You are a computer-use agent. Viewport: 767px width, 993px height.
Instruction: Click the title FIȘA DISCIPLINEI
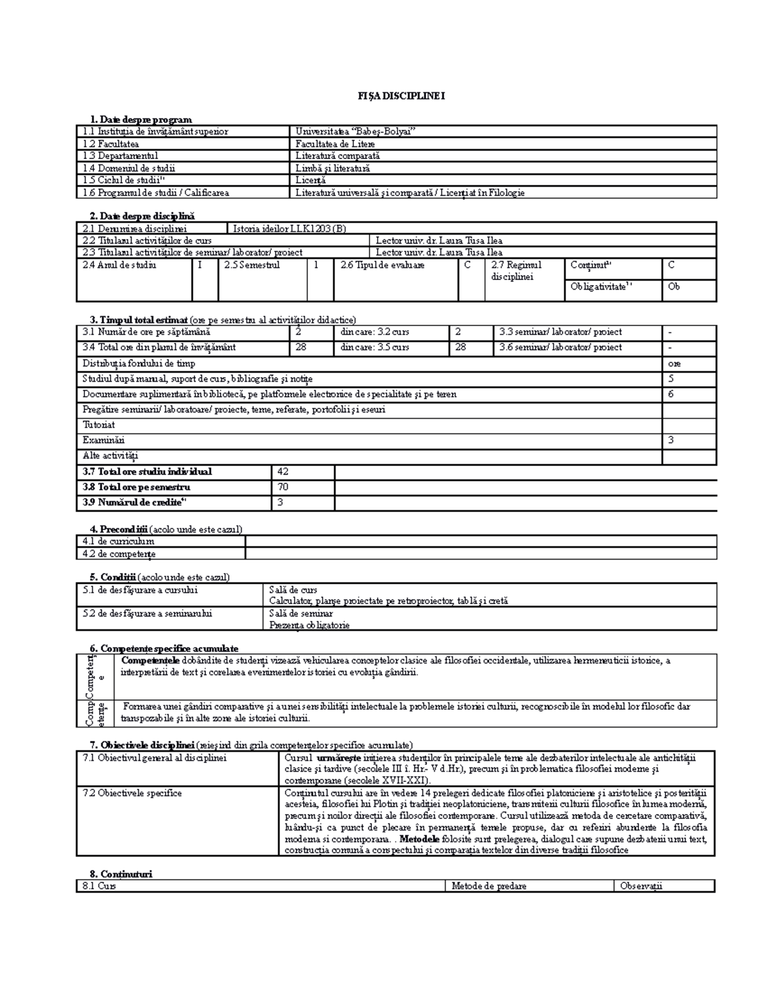click(401, 96)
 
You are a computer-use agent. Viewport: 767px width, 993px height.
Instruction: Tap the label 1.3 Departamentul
click(120, 156)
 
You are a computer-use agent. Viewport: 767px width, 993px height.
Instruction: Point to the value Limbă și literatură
click(332, 168)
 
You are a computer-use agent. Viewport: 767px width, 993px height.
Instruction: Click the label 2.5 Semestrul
click(252, 265)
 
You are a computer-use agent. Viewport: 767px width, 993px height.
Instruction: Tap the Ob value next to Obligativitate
click(674, 287)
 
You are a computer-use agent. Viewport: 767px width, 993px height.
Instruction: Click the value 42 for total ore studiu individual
click(283, 472)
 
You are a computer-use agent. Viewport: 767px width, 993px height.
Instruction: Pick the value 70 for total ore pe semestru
click(283, 487)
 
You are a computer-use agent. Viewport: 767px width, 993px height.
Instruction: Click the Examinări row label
click(104, 441)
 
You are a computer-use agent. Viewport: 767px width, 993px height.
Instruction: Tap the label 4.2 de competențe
click(119, 554)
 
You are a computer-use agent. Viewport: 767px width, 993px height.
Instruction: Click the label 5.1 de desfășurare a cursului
click(140, 590)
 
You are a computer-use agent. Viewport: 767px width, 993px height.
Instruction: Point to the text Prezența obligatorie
click(309, 625)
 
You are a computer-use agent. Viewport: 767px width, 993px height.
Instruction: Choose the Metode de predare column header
click(489, 886)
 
